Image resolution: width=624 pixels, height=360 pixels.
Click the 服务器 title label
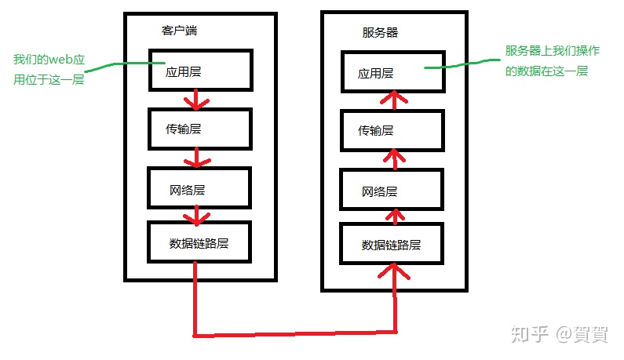380,33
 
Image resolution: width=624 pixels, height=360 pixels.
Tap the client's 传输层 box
199,129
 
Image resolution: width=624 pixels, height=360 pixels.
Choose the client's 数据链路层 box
199,242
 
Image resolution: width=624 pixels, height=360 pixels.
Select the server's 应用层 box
392,72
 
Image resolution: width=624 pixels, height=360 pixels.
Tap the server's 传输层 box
392,130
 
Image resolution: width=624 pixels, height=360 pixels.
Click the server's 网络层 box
392,190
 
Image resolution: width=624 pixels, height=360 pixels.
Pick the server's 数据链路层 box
392,244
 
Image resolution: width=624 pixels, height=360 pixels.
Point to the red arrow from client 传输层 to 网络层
197,158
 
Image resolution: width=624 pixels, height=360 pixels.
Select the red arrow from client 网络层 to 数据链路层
199,213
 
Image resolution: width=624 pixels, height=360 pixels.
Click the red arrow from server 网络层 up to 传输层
396,159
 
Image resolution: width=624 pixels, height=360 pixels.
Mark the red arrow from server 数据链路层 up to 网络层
396,214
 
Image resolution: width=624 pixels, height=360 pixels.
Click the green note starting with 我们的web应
49,70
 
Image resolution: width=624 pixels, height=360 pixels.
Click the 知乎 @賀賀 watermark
559,334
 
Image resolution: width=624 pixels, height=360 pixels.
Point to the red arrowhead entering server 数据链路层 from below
396,273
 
